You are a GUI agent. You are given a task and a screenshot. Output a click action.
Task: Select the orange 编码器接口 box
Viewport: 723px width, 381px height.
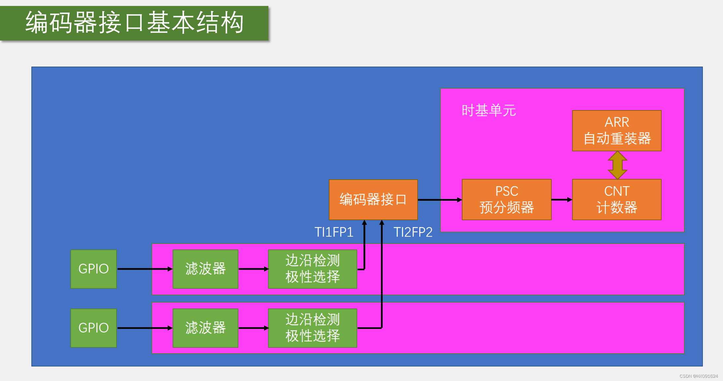coord(373,200)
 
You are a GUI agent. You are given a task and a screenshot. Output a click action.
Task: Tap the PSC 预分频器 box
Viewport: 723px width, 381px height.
coord(506,200)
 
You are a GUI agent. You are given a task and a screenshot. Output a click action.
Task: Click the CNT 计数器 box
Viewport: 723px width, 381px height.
coord(617,200)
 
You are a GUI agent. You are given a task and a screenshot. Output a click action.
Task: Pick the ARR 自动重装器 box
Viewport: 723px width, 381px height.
coord(617,131)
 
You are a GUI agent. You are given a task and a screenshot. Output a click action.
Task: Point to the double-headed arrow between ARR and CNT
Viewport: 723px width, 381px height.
coord(617,165)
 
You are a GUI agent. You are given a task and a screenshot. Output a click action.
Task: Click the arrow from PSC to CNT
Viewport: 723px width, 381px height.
coord(562,200)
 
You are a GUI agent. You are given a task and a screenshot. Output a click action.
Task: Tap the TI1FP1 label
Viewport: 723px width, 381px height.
coord(334,232)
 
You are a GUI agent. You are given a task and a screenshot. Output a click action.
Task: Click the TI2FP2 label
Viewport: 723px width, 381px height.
coord(413,232)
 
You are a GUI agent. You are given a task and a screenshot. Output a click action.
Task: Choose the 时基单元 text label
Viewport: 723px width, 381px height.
coord(489,110)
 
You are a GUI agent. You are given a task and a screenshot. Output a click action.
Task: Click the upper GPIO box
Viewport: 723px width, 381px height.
coord(93,269)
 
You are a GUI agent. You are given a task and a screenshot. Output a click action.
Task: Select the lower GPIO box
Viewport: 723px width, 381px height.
coord(93,328)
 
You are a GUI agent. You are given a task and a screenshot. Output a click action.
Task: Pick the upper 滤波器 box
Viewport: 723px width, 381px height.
coord(205,269)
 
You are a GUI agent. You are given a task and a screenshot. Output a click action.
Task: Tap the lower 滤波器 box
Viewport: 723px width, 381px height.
coord(205,328)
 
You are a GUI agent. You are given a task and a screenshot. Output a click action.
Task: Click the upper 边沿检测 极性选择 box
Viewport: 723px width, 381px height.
coord(312,269)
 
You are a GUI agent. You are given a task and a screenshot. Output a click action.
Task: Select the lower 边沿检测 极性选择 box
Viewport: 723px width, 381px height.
coord(312,328)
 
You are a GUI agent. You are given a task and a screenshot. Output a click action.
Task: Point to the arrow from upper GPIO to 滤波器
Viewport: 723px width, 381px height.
coord(145,269)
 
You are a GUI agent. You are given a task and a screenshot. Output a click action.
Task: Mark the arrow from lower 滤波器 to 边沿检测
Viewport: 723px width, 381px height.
coord(253,328)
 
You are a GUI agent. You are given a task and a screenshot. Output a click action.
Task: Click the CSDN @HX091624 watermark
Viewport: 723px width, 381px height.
coord(699,376)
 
